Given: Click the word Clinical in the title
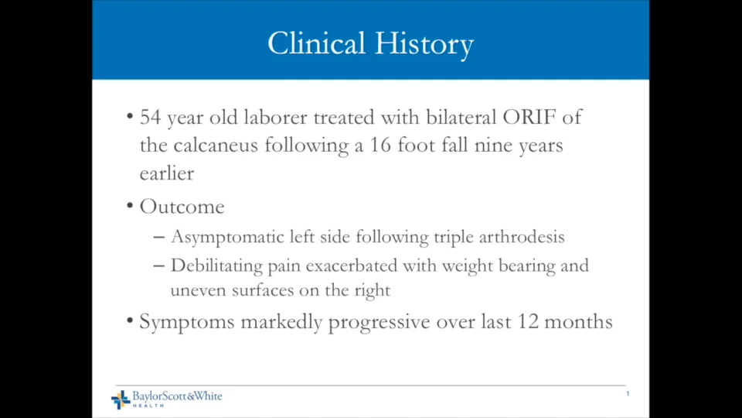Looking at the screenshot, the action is (316, 43).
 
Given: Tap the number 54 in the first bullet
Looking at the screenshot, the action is (151, 117).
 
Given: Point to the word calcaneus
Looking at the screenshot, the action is (216, 145).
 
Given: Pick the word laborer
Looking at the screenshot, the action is (275, 117).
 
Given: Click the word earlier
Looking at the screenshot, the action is (167, 173).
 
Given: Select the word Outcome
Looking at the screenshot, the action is (182, 207).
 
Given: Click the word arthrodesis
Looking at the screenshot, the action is (522, 237).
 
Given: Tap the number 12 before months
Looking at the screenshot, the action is (528, 322).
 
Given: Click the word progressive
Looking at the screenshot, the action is (379, 323).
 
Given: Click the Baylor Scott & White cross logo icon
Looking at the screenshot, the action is (121, 399).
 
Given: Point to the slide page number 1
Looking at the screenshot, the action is (628, 394).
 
